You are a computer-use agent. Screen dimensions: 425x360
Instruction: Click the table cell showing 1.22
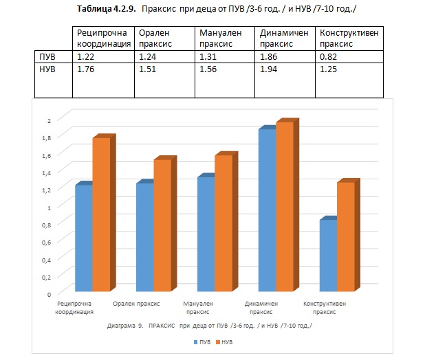[103, 57]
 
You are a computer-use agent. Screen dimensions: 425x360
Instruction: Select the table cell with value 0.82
[349, 57]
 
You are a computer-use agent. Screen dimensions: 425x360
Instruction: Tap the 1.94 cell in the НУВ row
[285, 80]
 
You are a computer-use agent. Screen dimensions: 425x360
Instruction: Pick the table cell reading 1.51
[164, 80]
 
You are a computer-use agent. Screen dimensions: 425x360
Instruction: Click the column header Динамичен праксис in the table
[285, 38]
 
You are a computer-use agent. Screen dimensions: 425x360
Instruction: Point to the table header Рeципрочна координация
[103, 38]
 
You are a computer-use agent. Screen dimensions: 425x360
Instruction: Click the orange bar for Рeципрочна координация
[101, 214]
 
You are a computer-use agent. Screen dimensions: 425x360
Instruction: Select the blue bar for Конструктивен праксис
[328, 256]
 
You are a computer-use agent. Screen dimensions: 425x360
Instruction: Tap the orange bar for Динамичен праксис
[285, 207]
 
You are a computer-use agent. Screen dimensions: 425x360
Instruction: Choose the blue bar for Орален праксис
[145, 238]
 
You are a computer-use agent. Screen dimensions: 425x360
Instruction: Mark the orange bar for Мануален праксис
[224, 223]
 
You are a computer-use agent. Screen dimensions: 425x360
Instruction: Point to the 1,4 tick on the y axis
[46, 172]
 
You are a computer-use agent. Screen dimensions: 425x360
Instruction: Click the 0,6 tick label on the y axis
[46, 243]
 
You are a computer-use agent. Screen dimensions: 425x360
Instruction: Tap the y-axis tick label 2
[49, 120]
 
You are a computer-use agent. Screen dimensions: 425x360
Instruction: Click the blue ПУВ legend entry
[202, 342]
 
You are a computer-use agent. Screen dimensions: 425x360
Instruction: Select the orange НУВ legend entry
[224, 342]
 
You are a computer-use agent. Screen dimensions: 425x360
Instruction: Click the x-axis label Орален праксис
[136, 304]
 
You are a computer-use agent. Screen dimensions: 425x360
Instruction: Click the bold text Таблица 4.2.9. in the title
[106, 9]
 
